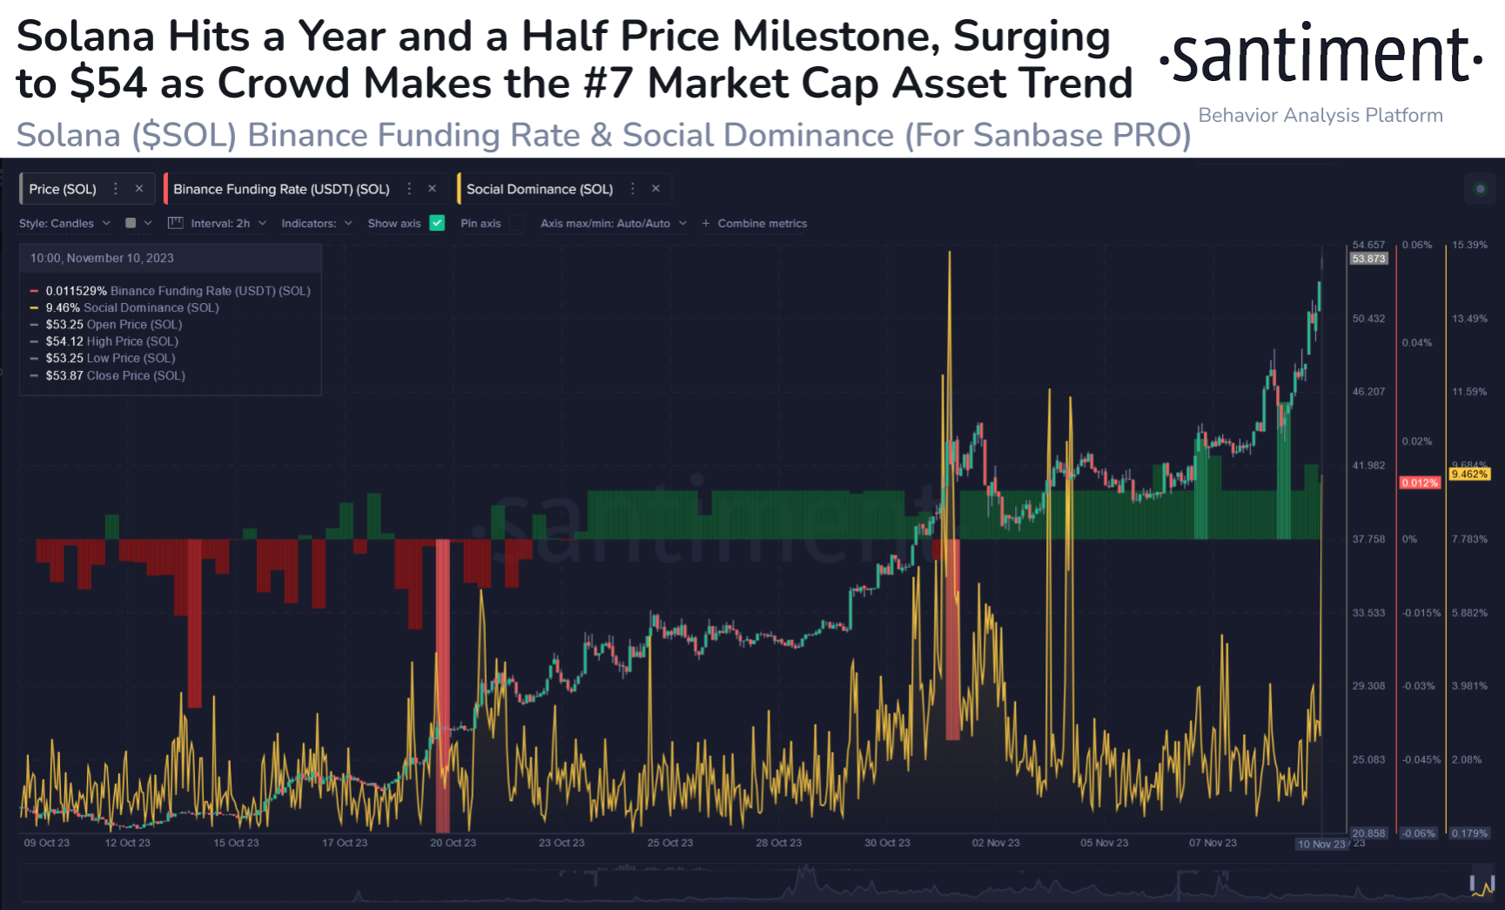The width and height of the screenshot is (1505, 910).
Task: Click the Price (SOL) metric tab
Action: [x=63, y=189]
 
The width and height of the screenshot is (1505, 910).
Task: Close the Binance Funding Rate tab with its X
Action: [x=432, y=189]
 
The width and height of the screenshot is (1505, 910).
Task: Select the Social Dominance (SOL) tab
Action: [x=539, y=189]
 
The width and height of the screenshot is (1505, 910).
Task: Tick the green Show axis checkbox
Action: [x=438, y=223]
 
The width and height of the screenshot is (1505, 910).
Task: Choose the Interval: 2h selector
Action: [x=219, y=224]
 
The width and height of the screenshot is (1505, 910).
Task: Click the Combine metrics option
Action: [x=761, y=224]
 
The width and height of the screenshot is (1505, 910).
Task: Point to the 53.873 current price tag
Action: [x=1368, y=259]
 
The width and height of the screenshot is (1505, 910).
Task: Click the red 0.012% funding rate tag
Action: [x=1419, y=482]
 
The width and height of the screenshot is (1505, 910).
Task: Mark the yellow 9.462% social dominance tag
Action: [x=1469, y=475]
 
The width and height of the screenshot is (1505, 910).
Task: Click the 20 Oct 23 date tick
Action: [x=453, y=843]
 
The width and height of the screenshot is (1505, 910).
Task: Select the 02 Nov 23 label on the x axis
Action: [x=996, y=843]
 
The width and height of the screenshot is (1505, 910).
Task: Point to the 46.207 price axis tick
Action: [x=1368, y=392]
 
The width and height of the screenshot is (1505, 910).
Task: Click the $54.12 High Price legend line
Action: [x=111, y=341]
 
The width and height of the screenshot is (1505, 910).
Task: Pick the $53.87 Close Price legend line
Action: [x=115, y=375]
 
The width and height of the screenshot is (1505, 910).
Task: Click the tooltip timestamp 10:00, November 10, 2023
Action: [x=102, y=258]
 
